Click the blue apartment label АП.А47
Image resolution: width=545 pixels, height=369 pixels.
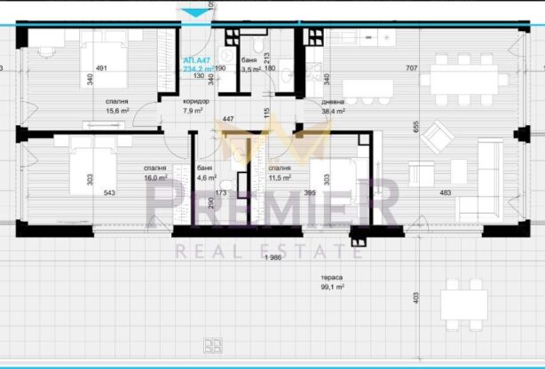(x=195, y=59)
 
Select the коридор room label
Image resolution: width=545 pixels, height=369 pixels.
(x=195, y=102)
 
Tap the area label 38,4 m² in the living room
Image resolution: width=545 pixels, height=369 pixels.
(x=333, y=112)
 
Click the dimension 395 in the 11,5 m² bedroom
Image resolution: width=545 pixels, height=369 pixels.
(x=310, y=192)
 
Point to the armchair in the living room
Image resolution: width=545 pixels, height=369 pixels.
(x=437, y=136)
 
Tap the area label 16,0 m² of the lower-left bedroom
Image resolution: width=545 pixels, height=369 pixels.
(x=156, y=177)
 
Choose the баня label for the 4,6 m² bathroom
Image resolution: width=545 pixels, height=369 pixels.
(x=204, y=167)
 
